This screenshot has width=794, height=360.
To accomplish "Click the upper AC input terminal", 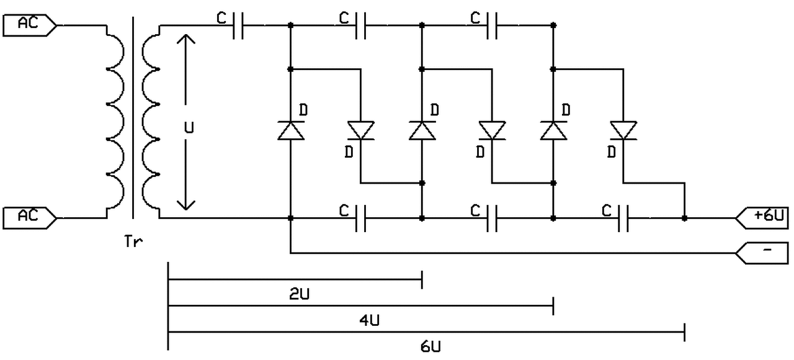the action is pos(30,25).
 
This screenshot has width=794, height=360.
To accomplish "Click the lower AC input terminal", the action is pos(30,218).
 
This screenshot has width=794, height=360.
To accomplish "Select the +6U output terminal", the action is pos(762,218).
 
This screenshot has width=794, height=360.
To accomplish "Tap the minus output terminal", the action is pos(762,253).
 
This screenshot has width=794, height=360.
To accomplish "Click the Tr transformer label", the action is pos(133,241).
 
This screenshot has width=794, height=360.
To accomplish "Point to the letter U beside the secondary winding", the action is pos(189,128).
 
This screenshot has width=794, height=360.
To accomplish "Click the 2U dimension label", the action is pos(300,294).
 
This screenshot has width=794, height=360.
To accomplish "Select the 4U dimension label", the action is pos(370,320).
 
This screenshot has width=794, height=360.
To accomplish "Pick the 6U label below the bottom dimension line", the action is pos(431,346).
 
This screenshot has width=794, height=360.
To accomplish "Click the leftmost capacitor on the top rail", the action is pos(238,25).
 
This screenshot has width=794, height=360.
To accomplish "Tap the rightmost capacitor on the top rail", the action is pos(492,25).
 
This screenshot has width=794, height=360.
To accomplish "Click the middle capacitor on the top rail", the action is pos(360,25).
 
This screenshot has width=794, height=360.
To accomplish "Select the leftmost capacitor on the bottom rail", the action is pos(360,218).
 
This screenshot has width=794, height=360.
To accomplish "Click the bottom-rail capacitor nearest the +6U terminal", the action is pos(623,218).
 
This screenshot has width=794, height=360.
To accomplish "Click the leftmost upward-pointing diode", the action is pos(291,130).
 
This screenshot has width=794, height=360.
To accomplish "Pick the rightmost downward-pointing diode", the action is pos(623,130).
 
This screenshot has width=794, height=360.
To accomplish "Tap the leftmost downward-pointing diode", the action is pos(361,130).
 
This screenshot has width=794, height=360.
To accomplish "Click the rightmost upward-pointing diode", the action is pos(553,130).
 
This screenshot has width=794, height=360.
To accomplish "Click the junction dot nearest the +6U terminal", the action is pos(684,218).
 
